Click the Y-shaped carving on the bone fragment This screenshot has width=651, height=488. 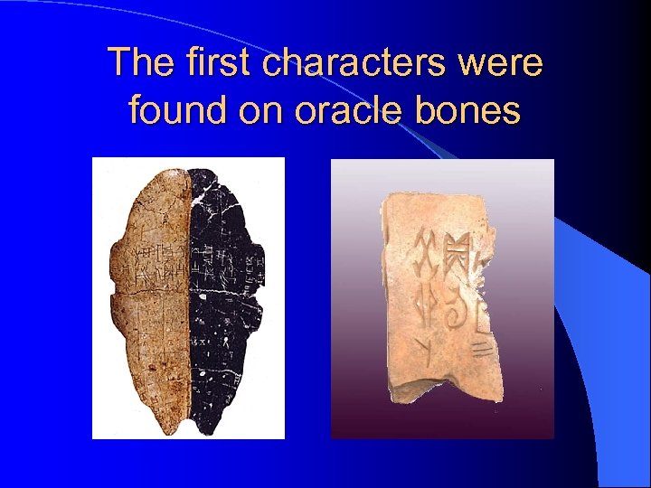[422, 345]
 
